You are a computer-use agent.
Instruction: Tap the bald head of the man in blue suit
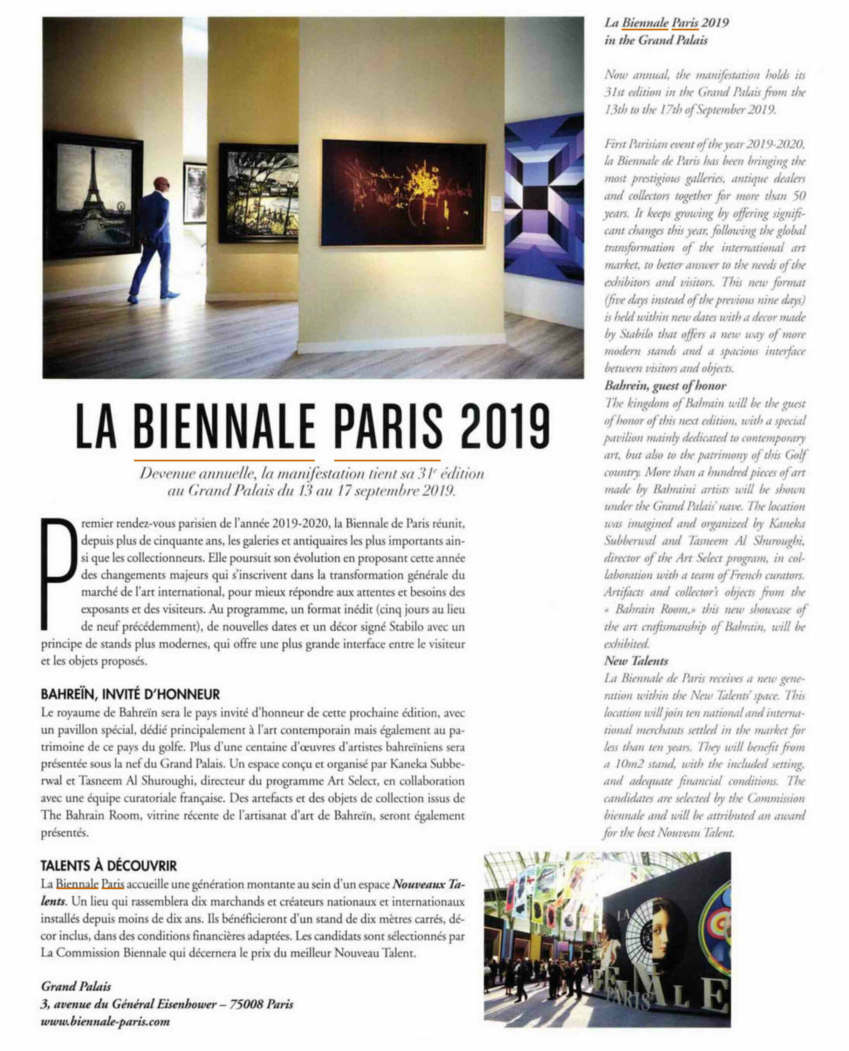[161, 184]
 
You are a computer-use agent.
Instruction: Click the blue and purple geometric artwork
[544, 198]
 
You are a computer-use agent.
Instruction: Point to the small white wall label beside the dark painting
[495, 203]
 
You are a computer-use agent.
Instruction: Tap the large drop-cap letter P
[59, 572]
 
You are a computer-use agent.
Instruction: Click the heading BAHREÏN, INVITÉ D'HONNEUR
[130, 694]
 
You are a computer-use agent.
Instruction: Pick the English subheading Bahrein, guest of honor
[665, 386]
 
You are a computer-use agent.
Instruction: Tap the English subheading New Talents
[636, 661]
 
